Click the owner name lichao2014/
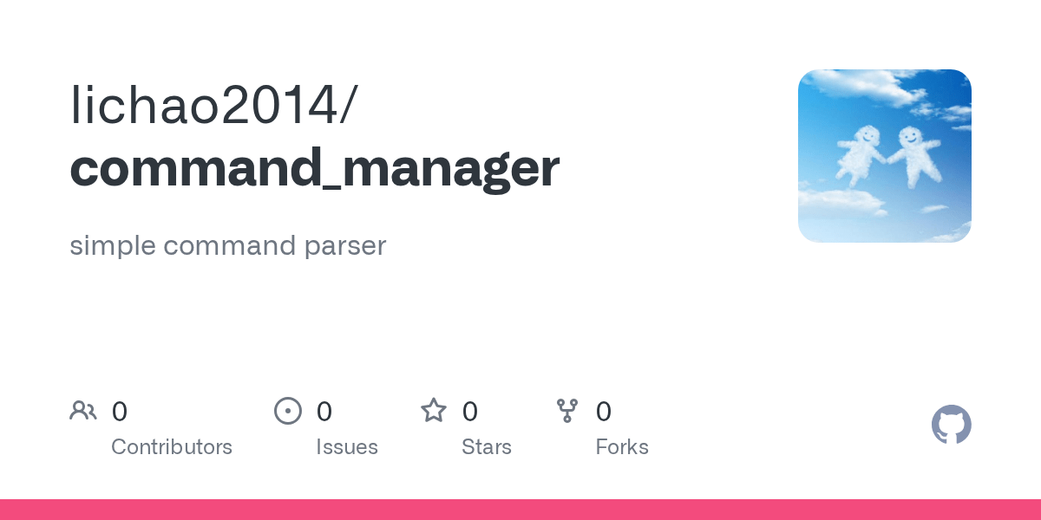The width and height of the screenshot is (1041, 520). [x=213, y=106]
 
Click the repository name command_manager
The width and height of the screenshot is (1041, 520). [x=314, y=168]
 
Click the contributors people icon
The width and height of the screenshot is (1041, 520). [x=83, y=411]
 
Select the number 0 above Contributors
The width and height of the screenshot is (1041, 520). [x=120, y=411]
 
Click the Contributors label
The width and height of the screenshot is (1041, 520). [x=172, y=447]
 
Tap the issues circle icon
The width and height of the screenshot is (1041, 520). [x=288, y=411]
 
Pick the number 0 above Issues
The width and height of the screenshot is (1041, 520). [x=324, y=411]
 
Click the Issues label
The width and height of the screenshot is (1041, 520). [x=347, y=447]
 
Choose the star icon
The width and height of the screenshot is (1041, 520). [x=434, y=411]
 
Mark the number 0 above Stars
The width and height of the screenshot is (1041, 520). [x=470, y=411]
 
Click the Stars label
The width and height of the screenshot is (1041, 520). [x=487, y=447]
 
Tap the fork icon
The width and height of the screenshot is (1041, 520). [x=567, y=411]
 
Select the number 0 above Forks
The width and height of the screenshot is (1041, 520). [x=604, y=411]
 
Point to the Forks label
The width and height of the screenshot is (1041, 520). [x=622, y=447]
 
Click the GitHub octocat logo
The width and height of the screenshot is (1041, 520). [x=952, y=425]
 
